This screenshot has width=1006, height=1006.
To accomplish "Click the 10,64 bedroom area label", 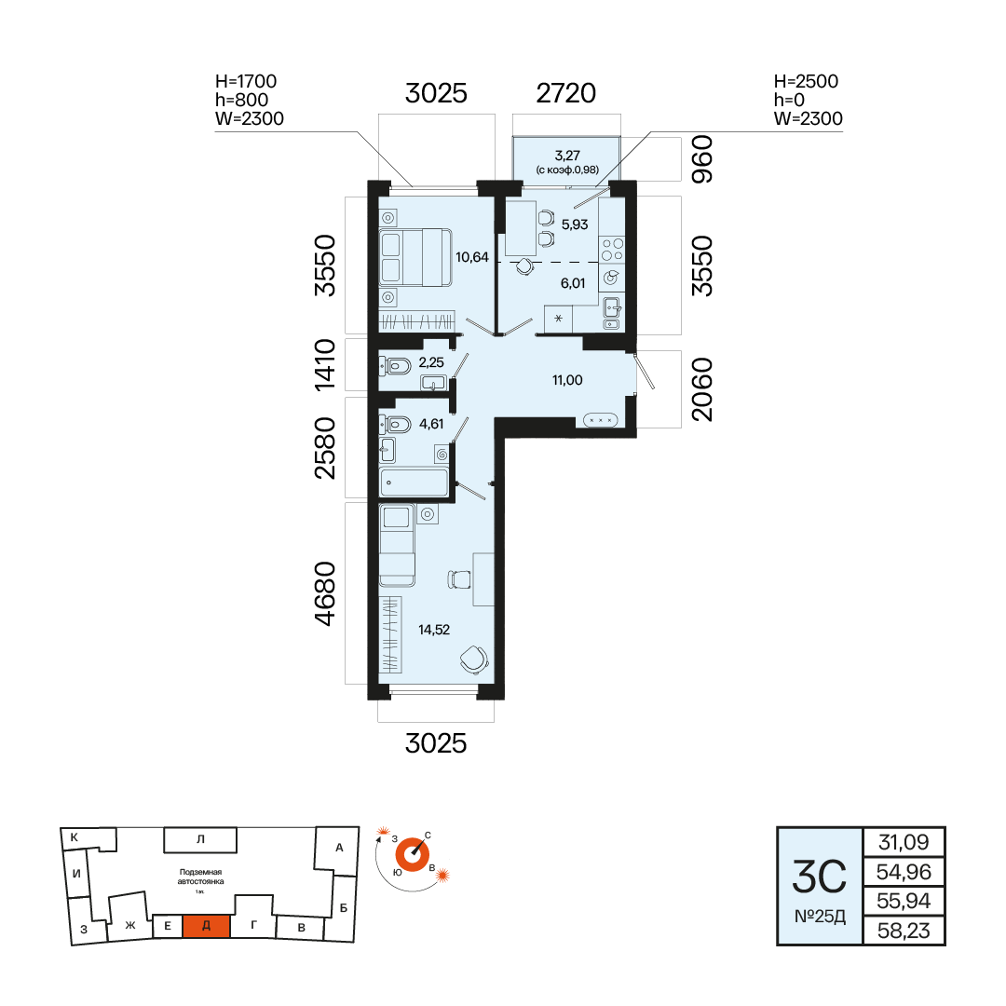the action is pyautogui.click(x=472, y=257).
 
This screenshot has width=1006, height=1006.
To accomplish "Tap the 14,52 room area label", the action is pyautogui.click(x=434, y=630).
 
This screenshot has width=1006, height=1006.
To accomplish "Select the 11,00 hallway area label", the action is pyautogui.click(x=567, y=380).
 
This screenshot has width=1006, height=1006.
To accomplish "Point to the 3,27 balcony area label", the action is pyautogui.click(x=567, y=156).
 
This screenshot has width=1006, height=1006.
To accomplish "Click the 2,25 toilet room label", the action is pyautogui.click(x=431, y=362).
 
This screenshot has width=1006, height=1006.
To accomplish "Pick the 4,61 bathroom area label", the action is pyautogui.click(x=431, y=424).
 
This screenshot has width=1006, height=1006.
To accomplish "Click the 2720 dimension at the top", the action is pyautogui.click(x=566, y=94).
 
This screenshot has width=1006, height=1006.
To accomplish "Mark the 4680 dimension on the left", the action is pyautogui.click(x=325, y=593).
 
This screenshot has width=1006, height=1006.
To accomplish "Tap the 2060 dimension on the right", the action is pyautogui.click(x=702, y=389).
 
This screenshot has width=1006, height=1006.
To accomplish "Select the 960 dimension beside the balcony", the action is pyautogui.click(x=702, y=159).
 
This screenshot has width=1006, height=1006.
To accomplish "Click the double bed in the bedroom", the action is pyautogui.click(x=415, y=257).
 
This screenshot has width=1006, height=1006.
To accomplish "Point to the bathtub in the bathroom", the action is pyautogui.click(x=414, y=483).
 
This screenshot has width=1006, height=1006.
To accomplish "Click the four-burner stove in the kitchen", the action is pyautogui.click(x=612, y=250).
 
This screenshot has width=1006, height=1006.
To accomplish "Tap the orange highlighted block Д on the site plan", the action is pyautogui.click(x=207, y=927).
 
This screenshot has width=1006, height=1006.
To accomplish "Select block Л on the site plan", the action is pyautogui.click(x=200, y=839).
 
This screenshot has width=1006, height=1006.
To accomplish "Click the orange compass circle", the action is pyautogui.click(x=412, y=854).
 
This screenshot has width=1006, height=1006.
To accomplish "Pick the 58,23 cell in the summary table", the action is pyautogui.click(x=904, y=931).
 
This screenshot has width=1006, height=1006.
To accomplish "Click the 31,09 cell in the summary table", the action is pyautogui.click(x=904, y=842).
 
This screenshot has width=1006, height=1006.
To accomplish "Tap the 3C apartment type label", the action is pyautogui.click(x=820, y=877).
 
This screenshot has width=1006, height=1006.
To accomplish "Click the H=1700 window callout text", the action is pyautogui.click(x=246, y=81).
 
